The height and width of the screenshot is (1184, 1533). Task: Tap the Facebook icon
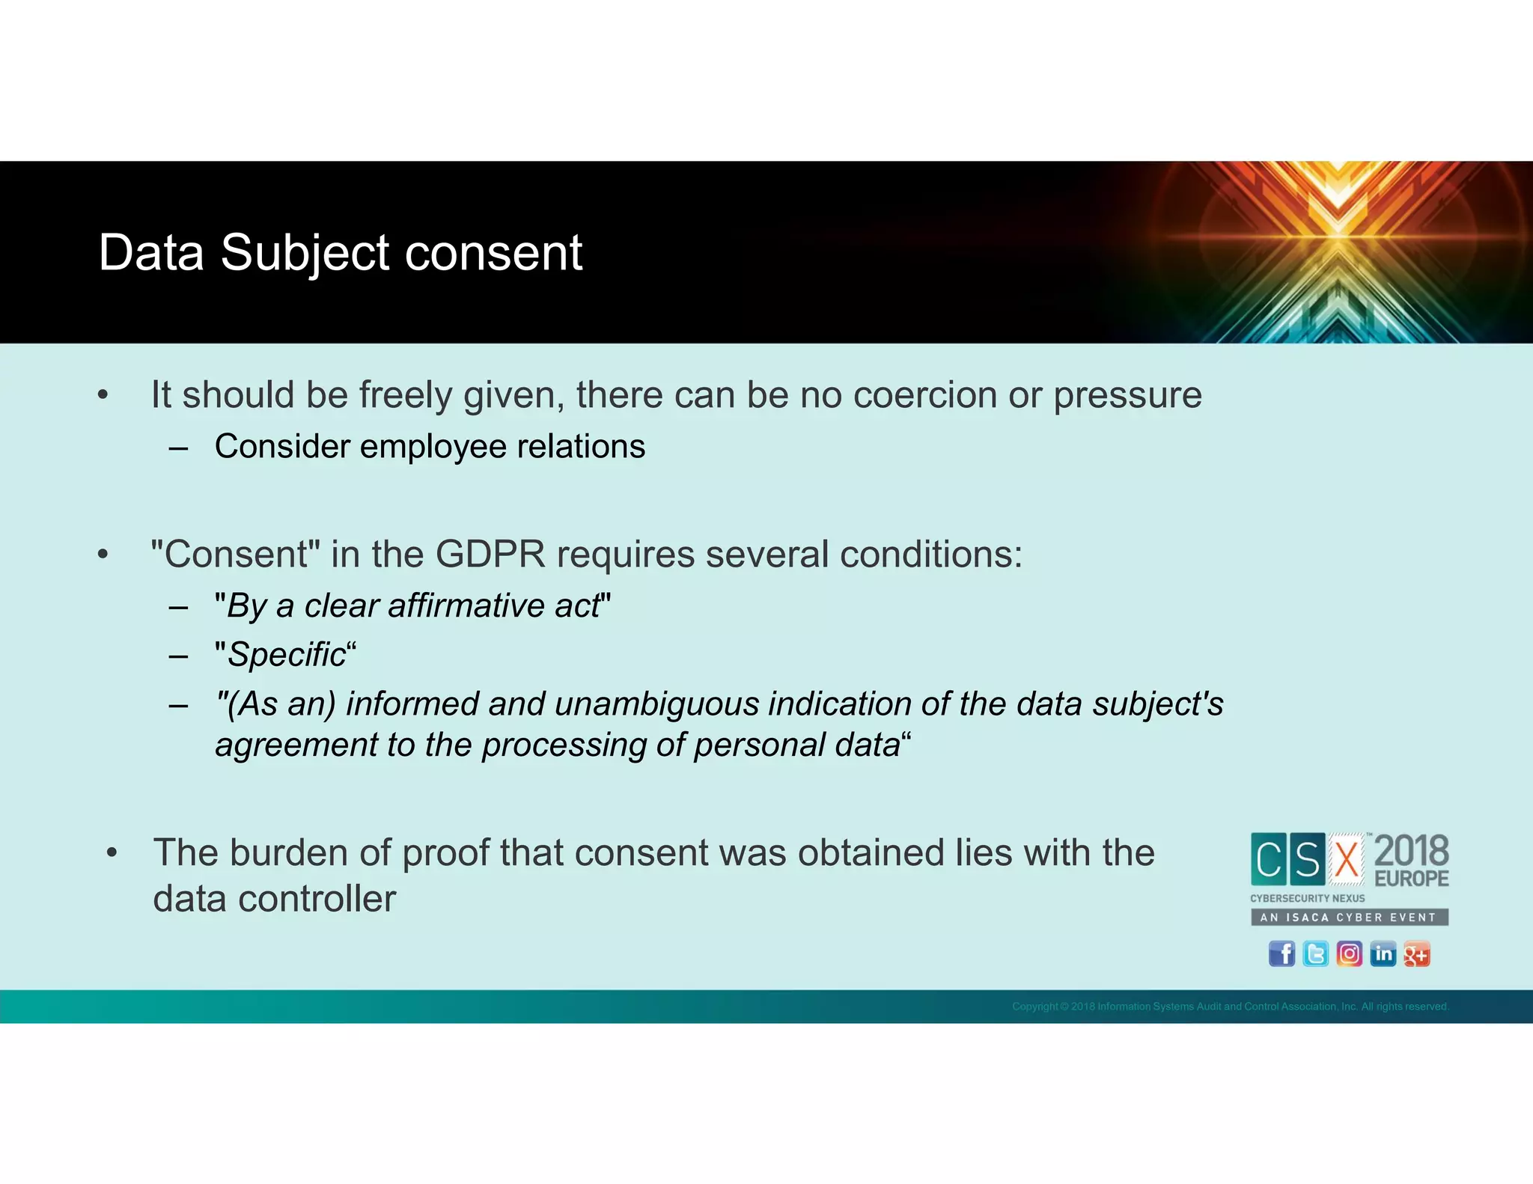click(x=1281, y=954)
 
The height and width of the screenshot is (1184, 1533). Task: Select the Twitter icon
click(x=1315, y=954)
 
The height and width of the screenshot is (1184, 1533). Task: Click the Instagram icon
click(x=1349, y=954)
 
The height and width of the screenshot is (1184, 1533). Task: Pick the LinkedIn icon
click(x=1383, y=954)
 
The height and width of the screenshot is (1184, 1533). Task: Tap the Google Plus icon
click(x=1416, y=954)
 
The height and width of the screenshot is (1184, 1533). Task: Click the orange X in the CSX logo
click(x=1347, y=859)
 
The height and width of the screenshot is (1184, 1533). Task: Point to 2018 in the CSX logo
click(x=1412, y=851)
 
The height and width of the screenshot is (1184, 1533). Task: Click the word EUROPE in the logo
click(x=1412, y=879)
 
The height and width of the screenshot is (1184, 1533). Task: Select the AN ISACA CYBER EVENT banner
click(x=1349, y=918)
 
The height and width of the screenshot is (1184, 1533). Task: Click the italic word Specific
click(x=287, y=655)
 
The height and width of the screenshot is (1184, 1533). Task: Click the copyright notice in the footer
click(x=1230, y=1007)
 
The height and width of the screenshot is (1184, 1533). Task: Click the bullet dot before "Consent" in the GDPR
click(x=103, y=555)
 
